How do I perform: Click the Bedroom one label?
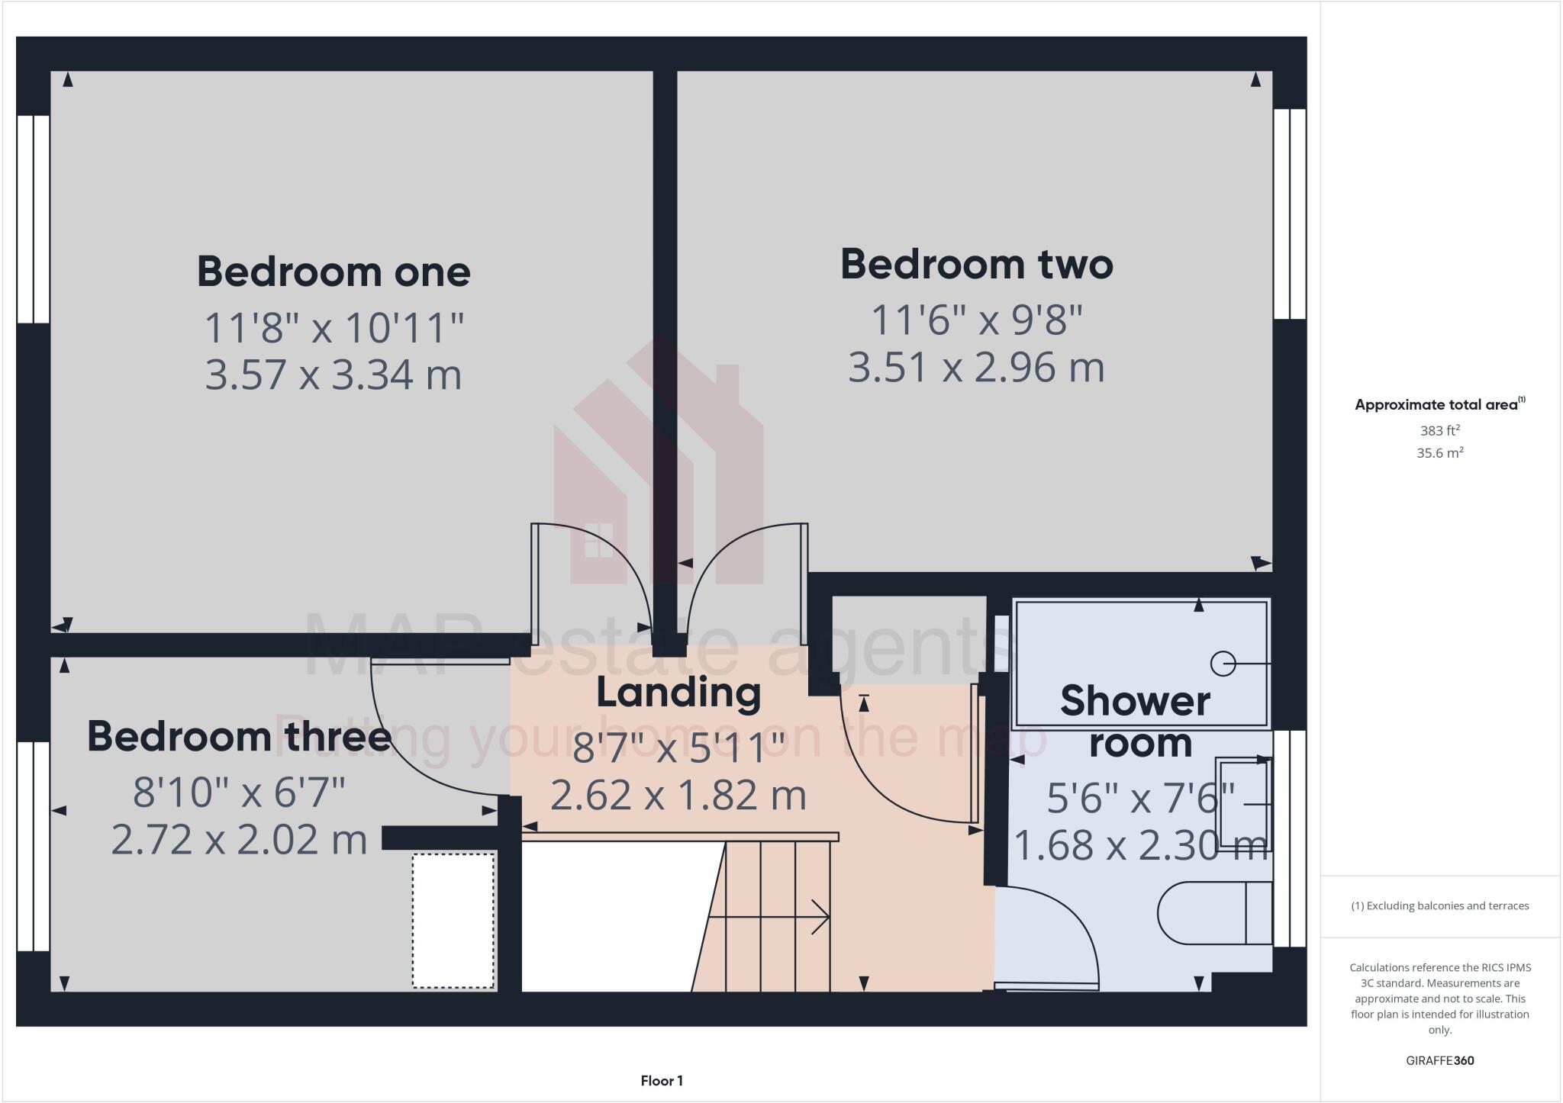click(334, 272)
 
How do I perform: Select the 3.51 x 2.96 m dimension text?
click(976, 368)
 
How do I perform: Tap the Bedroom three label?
click(239, 737)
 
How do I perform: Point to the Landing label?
click(678, 693)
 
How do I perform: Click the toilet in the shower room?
click(1213, 912)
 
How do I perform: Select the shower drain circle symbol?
click(1223, 664)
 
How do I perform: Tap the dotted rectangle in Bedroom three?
click(453, 921)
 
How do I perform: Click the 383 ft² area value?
click(1439, 431)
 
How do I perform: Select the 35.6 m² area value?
click(1439, 453)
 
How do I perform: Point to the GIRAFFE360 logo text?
click(1439, 1060)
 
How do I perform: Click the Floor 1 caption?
click(662, 1081)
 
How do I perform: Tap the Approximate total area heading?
click(1439, 405)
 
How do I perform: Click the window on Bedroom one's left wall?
click(34, 219)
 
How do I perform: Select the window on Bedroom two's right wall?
click(1290, 214)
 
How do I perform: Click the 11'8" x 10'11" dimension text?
click(334, 328)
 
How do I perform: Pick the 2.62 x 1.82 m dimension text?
click(678, 796)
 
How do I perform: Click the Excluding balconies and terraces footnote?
click(1439, 906)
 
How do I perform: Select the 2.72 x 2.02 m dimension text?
click(239, 840)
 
